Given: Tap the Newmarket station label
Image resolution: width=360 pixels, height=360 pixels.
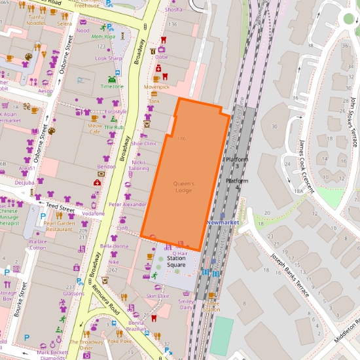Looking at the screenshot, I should pyautogui.click(x=223, y=223).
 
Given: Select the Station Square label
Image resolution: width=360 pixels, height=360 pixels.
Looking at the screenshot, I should pyautogui.click(x=180, y=262).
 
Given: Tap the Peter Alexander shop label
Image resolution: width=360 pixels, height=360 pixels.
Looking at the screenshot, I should pyautogui.click(x=128, y=205).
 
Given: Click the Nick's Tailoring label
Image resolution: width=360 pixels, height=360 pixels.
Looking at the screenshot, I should pyautogui.click(x=139, y=165).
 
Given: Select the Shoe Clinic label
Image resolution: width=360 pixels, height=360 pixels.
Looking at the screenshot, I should pyautogui.click(x=143, y=143).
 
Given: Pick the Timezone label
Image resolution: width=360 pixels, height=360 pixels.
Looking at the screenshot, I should pyautogui.click(x=112, y=86).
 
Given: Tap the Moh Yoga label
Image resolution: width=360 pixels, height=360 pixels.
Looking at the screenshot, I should pyautogui.click(x=103, y=37).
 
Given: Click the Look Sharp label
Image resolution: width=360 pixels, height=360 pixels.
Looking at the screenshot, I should pyautogui.click(x=109, y=58).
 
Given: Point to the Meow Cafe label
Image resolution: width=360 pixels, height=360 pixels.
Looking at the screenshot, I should pyautogui.click(x=96, y=128).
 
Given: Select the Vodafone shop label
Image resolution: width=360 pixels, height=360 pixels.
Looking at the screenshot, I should pyautogui.click(x=94, y=213).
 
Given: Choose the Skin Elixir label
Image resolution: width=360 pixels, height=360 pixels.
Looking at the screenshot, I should pyautogui.click(x=158, y=296).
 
